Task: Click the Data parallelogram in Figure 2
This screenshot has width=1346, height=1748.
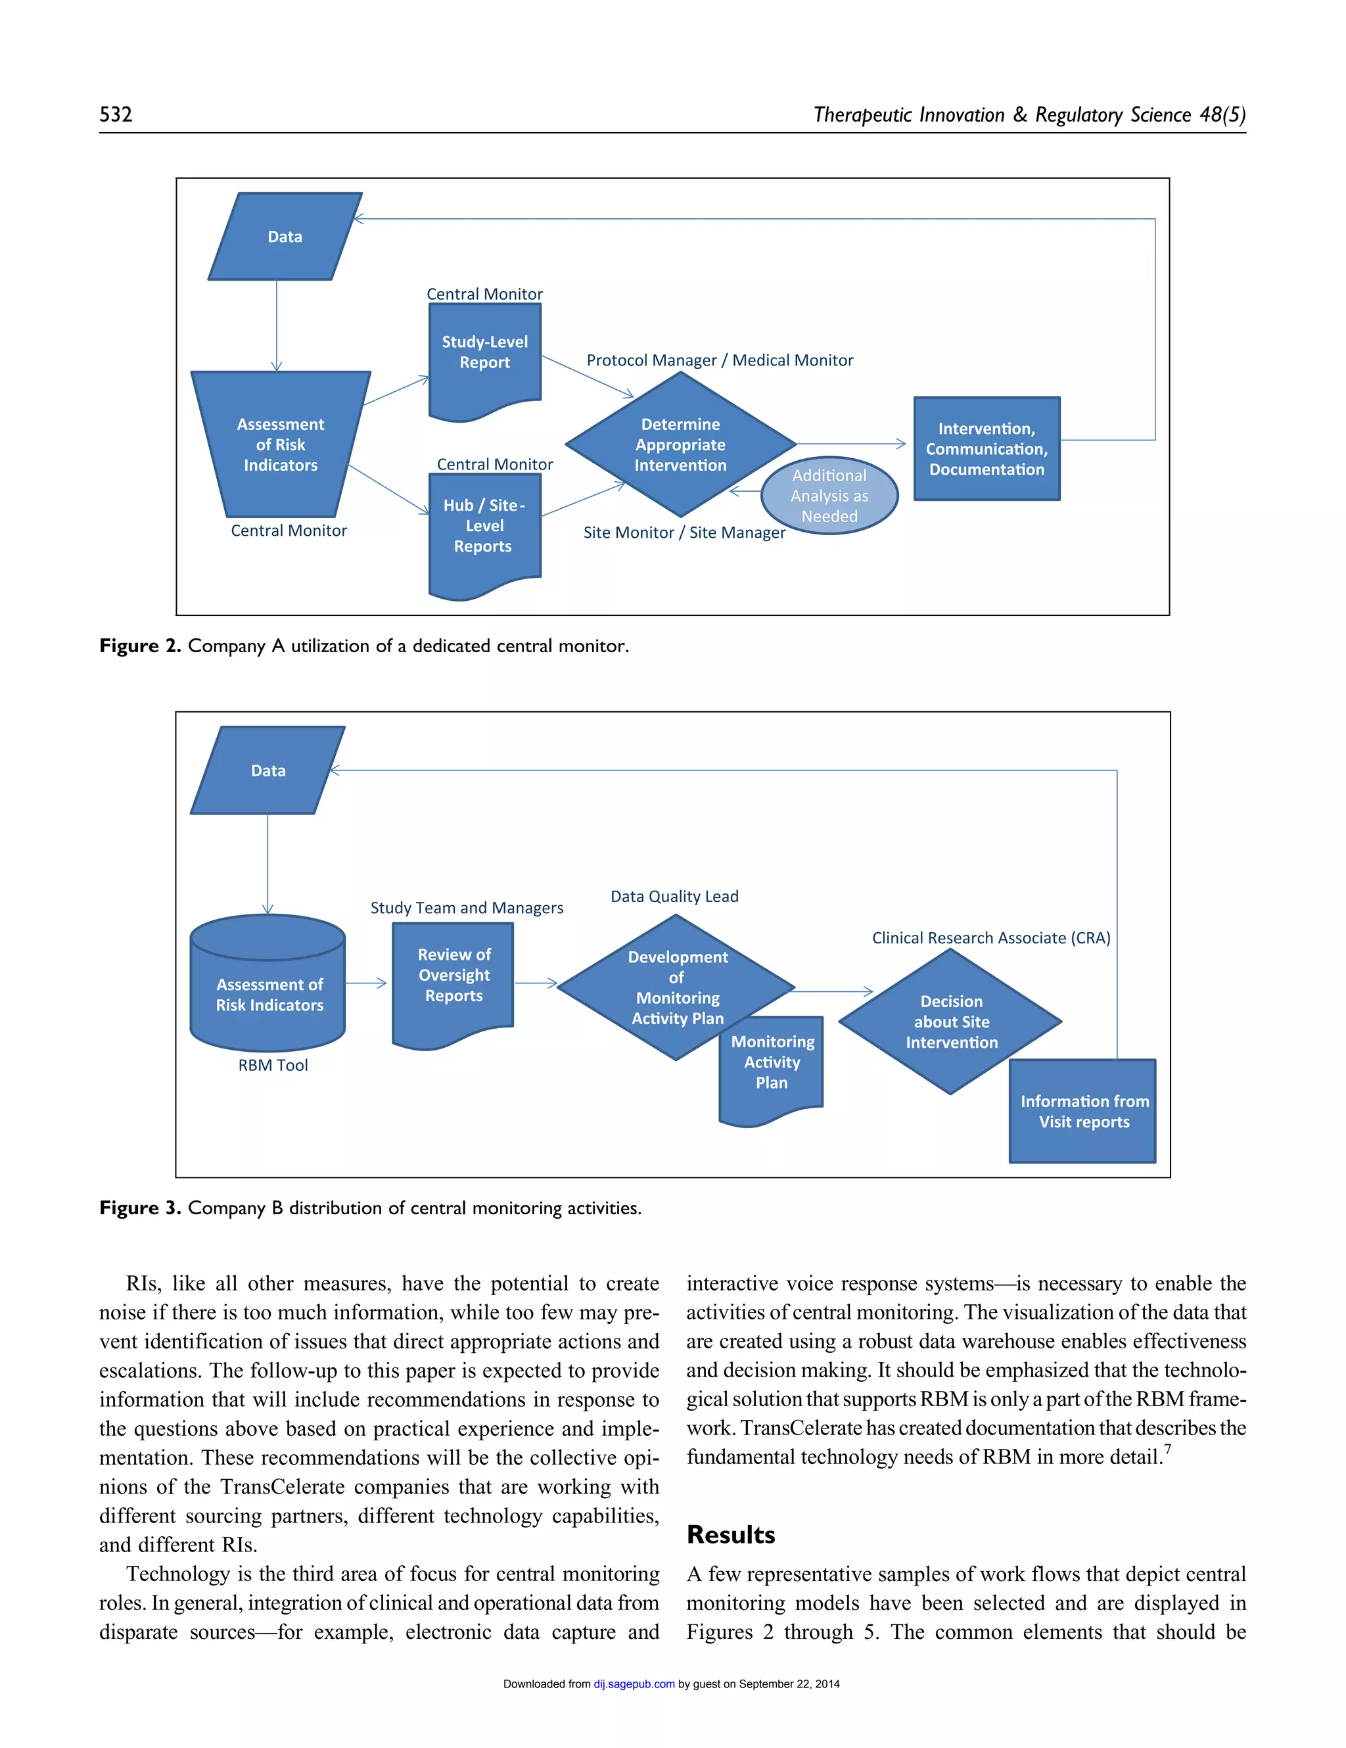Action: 284,236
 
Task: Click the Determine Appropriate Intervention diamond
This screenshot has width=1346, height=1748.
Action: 680,444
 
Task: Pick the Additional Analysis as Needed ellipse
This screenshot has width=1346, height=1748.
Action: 829,496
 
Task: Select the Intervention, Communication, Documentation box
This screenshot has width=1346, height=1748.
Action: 986,448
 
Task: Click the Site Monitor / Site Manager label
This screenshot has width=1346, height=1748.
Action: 684,532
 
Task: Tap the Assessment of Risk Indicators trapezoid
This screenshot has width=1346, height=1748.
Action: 280,444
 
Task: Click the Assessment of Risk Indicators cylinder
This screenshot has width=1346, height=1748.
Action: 269,994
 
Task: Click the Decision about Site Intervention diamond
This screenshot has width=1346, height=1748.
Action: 951,1022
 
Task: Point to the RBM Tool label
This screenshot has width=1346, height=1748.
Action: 272,1065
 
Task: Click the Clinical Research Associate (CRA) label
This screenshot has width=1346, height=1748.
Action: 990,937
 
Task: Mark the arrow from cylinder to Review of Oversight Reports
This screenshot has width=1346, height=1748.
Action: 367,983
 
